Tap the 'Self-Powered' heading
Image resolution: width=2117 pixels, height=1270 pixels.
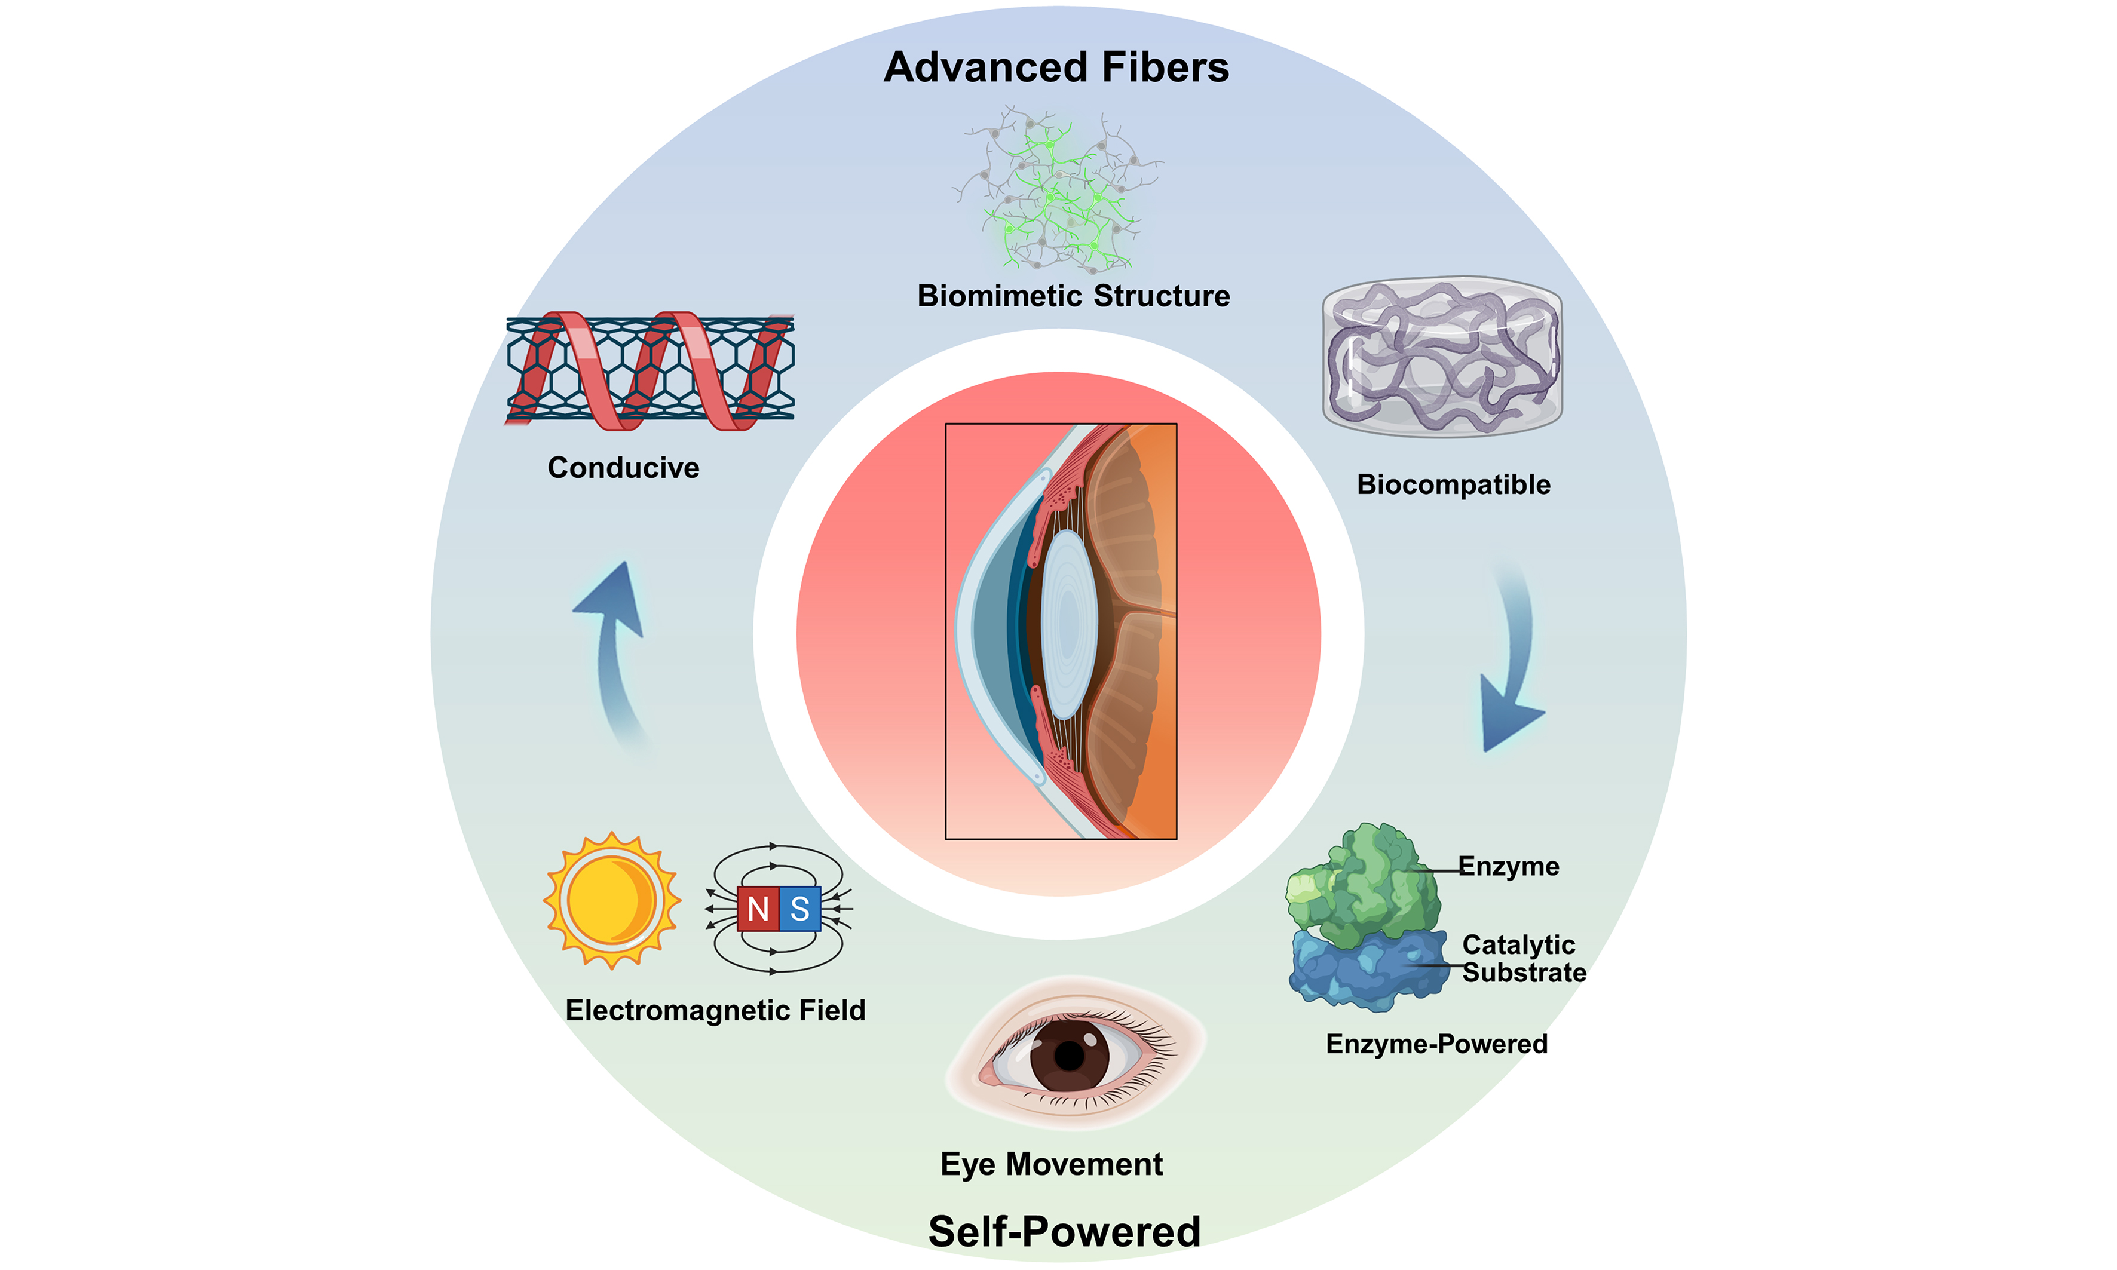tap(1064, 1232)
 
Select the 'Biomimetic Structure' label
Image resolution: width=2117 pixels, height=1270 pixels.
tap(1074, 296)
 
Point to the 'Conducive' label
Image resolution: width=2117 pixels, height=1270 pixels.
tap(623, 468)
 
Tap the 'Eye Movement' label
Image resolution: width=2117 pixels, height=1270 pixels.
tap(1051, 1165)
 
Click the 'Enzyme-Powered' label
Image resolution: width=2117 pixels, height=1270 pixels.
tap(1436, 1044)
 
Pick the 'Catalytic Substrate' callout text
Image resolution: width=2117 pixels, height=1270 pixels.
tap(1523, 959)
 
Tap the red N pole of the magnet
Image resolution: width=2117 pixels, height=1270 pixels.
tap(758, 909)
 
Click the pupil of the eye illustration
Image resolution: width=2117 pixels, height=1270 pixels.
tap(1069, 1056)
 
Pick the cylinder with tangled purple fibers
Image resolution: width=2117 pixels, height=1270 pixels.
tap(1442, 357)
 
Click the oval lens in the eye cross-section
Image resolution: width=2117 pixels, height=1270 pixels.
tap(1068, 625)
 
